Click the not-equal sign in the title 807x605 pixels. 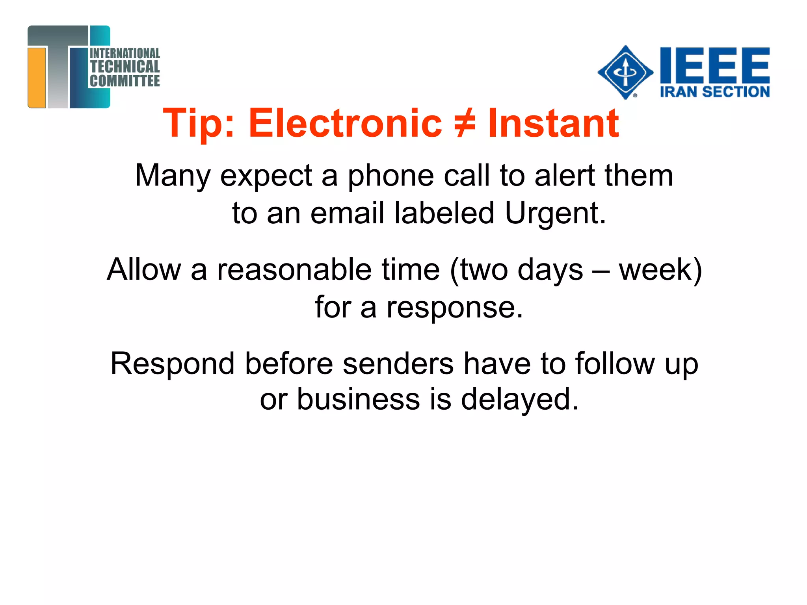point(465,124)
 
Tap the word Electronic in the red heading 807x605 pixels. point(345,124)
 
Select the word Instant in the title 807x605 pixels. point(553,124)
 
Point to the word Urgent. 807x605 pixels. point(555,213)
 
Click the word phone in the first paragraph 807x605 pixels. point(390,176)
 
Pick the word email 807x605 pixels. point(347,213)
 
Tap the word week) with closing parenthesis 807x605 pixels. point(661,271)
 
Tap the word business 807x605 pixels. point(358,399)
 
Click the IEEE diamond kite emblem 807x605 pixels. point(625,72)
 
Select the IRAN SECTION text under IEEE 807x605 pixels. point(715,92)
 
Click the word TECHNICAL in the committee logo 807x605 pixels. point(125,67)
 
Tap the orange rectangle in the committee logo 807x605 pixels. point(37,77)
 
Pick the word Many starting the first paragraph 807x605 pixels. point(173,176)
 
